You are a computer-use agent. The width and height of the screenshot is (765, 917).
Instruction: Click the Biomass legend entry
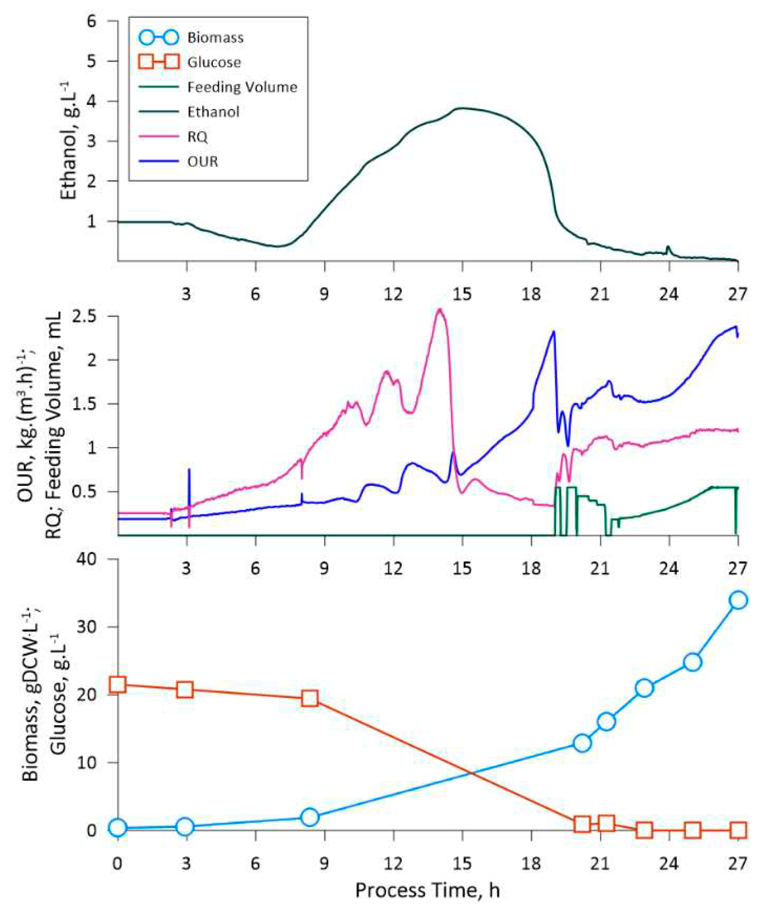(x=215, y=38)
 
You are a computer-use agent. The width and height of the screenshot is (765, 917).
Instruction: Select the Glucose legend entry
(x=214, y=62)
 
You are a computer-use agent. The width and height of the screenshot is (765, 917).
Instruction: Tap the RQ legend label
(x=197, y=137)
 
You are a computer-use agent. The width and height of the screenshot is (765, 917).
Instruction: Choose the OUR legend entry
(x=203, y=162)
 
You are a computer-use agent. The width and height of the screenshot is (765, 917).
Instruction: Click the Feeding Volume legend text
(x=242, y=87)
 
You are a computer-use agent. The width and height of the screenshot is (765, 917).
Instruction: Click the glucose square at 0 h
(x=117, y=685)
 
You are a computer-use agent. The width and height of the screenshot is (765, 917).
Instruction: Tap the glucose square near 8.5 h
(x=310, y=699)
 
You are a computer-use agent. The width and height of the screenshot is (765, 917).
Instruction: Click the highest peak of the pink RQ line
(x=439, y=309)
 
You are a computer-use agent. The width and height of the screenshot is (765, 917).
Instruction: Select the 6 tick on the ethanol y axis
(x=103, y=21)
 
